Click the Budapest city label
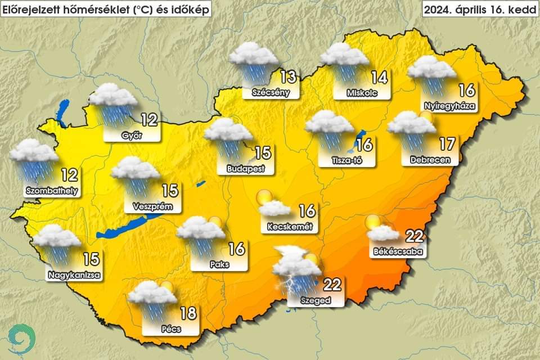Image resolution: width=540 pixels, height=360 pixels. point(242,168)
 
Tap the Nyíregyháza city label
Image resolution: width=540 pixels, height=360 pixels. point(449,105)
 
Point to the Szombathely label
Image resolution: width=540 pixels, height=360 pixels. point(52,191)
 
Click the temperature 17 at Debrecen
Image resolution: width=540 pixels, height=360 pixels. point(447,144)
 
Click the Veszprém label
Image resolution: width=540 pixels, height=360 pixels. point(149,206)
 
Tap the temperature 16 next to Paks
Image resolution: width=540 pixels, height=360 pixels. point(237,248)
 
